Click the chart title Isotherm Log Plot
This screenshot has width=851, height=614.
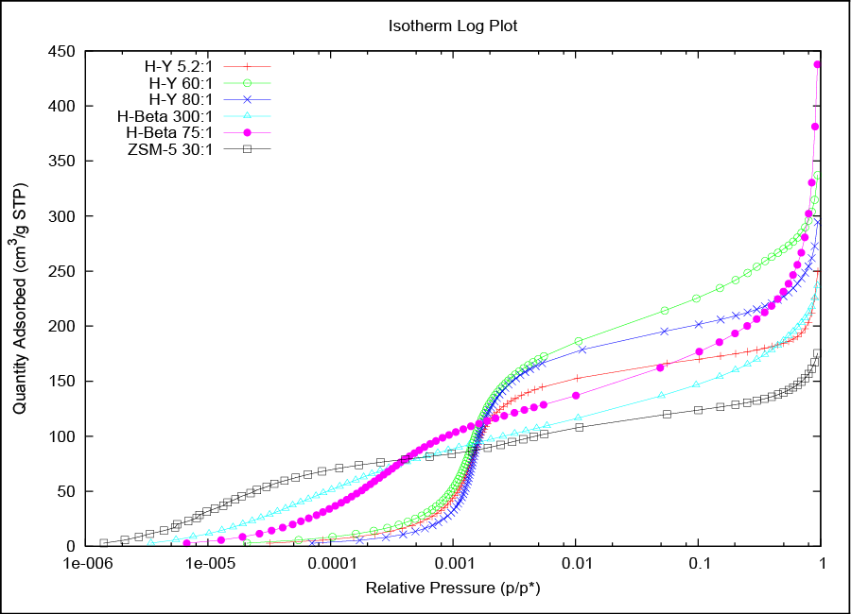pos(453,26)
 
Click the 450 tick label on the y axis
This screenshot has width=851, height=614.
pos(61,52)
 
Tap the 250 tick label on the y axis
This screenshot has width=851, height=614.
pos(61,271)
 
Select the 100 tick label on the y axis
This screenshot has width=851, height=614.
pos(61,436)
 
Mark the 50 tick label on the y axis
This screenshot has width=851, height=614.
pos(64,491)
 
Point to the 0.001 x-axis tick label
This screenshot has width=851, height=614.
pos(452,564)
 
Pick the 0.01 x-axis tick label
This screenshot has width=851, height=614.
pos(575,564)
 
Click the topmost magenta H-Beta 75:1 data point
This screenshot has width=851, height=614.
pos(818,65)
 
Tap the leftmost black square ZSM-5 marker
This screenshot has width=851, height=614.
pos(103,543)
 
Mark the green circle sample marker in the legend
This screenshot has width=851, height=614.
pos(249,83)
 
